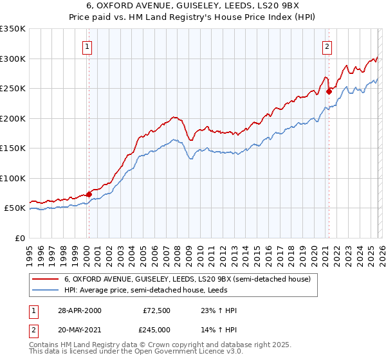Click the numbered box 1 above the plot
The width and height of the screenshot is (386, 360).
(x=87, y=46)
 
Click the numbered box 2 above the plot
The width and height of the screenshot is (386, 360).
(x=327, y=46)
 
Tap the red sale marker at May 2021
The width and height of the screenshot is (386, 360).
(x=329, y=91)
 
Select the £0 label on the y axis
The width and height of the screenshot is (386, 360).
(x=21, y=238)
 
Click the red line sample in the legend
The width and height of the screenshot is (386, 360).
(x=46, y=280)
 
